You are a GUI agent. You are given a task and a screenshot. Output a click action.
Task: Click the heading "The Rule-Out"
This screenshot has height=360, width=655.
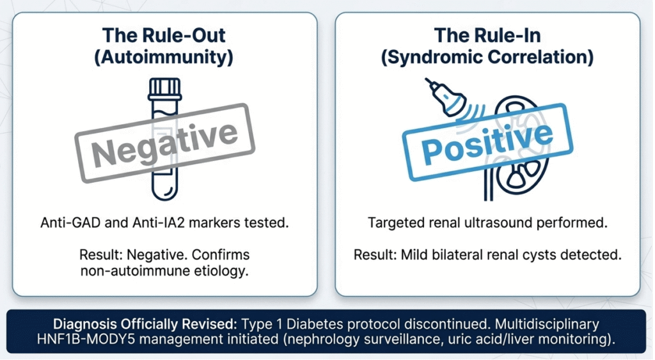tap(164, 35)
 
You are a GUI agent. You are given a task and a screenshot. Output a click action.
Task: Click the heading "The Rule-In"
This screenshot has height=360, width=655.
tap(487, 35)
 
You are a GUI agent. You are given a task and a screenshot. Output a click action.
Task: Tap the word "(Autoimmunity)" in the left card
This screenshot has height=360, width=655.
tap(164, 57)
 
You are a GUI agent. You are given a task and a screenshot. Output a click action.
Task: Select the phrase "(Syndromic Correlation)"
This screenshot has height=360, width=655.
tap(487, 57)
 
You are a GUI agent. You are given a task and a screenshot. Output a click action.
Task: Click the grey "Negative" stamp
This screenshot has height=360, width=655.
tap(164, 143)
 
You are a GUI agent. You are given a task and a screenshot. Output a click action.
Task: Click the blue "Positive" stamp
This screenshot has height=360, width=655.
tap(487, 142)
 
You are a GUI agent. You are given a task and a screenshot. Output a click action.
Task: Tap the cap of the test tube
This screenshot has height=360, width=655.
tap(165, 89)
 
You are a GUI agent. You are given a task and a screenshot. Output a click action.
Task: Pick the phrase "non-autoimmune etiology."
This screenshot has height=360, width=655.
tap(164, 271)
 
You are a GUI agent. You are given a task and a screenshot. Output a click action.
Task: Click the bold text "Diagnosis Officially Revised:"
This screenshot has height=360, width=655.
tap(145, 324)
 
